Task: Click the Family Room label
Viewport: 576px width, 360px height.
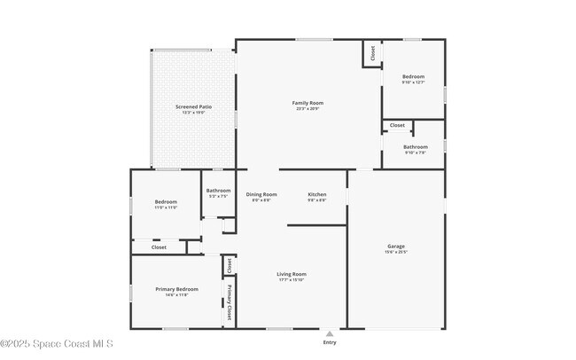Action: click(307, 103)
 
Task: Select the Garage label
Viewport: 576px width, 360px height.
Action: click(396, 246)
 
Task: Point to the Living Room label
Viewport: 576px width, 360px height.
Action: click(292, 274)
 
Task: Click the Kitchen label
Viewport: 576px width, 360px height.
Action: click(317, 194)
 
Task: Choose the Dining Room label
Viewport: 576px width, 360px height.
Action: click(261, 194)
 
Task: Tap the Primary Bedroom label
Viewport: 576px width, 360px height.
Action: click(177, 289)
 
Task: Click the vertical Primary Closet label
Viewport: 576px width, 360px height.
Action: click(229, 301)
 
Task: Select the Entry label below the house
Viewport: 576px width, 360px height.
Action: click(330, 342)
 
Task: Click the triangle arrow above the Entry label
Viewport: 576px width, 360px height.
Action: click(330, 333)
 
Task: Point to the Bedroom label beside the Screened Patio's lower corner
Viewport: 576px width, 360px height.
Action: click(166, 201)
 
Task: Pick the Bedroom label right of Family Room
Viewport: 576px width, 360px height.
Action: click(414, 77)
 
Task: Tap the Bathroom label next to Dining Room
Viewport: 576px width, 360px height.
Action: click(218, 190)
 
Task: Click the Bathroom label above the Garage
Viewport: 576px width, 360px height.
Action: click(416, 147)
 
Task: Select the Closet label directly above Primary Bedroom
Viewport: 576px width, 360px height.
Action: click(159, 247)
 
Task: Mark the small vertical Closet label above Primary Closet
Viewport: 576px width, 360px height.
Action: click(229, 264)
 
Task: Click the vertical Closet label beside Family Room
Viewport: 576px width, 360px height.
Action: click(372, 53)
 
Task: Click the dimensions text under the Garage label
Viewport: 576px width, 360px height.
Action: click(396, 252)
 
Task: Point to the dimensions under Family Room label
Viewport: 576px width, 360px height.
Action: click(307, 109)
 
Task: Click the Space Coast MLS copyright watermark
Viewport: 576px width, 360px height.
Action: click(57, 344)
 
